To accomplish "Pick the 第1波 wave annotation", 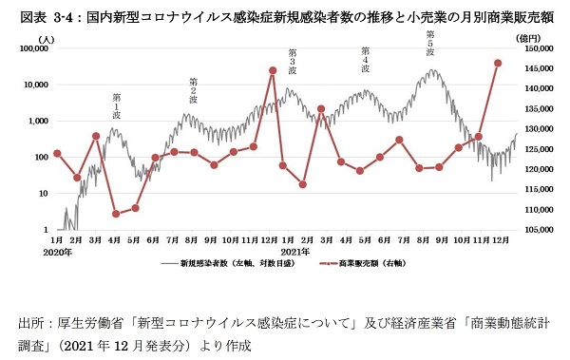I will point(117,105).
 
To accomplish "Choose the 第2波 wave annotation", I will point(193,90).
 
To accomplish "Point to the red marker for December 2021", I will point(498,63).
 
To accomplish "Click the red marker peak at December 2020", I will point(273,69).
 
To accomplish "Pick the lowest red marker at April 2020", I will point(116,214).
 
